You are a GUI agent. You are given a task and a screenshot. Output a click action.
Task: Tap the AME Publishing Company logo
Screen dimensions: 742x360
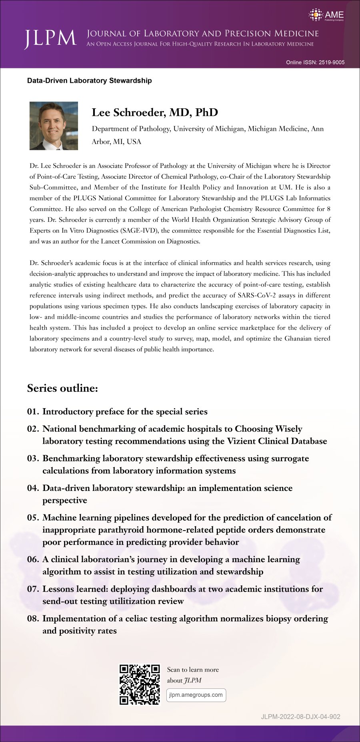(326, 16)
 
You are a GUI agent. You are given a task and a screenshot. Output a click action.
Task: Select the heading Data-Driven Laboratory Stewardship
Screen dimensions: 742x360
(89, 80)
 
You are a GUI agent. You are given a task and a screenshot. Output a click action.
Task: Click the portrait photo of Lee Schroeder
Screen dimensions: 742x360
(54, 126)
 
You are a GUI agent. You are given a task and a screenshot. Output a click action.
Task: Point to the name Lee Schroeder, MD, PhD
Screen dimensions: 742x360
(155, 112)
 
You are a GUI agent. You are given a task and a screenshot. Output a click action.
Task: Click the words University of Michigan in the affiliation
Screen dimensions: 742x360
(208, 129)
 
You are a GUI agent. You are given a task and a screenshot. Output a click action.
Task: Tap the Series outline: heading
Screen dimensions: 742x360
(62, 388)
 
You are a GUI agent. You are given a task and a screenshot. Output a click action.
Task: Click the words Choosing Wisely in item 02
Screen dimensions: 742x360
(268, 429)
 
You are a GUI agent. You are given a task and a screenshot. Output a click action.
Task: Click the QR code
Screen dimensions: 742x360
(140, 684)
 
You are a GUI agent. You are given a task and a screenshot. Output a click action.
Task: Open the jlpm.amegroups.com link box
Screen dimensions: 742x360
(196, 695)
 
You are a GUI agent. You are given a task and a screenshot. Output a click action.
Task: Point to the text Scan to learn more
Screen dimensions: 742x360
(193, 670)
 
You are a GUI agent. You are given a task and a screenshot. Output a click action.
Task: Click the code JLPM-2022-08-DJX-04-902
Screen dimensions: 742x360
(300, 716)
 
